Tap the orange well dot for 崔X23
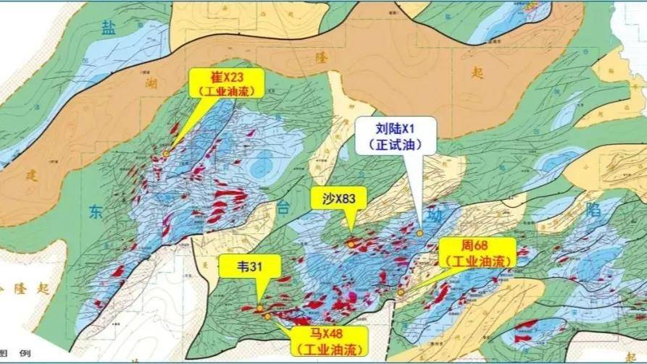pos(166,153)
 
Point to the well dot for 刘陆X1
pos(419,233)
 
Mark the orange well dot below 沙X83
pos(351,245)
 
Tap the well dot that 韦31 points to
pos(260,308)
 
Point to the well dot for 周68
pos(401,292)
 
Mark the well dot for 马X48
pos(268,316)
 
